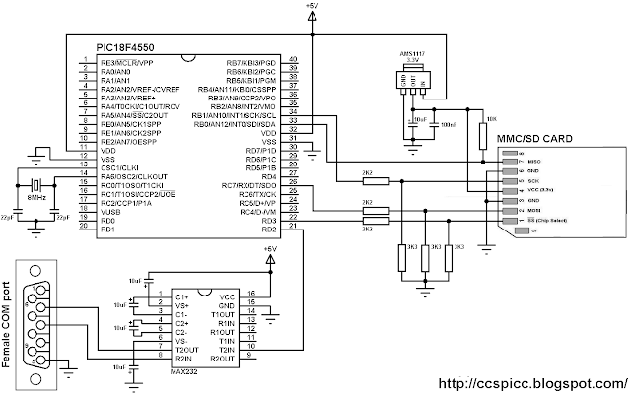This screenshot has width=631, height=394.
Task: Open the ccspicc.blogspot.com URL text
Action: tap(528, 382)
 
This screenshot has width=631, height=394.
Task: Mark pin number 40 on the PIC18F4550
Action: tap(293, 61)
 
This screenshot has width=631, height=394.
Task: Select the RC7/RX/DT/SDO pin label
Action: tap(247, 184)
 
